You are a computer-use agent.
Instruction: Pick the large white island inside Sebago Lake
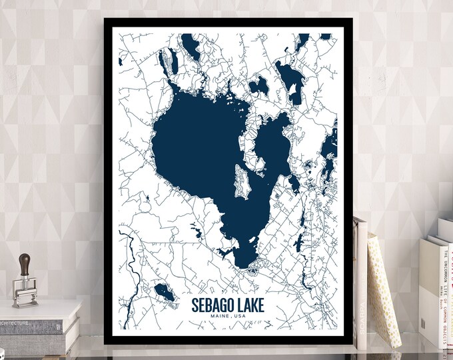coord(240,180)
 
